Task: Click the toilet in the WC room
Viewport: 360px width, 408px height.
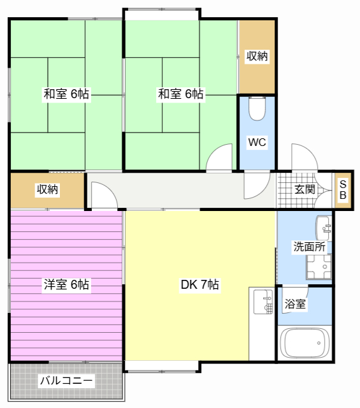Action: (257, 109)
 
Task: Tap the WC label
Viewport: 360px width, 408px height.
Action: (257, 142)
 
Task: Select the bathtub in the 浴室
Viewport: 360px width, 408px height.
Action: (305, 344)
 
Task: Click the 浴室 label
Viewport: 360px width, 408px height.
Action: (295, 304)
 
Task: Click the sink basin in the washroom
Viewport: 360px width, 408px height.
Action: (323, 226)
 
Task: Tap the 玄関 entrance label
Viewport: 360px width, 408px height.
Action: (305, 189)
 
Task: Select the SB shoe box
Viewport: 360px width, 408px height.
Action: (342, 189)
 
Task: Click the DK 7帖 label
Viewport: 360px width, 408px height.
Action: (199, 285)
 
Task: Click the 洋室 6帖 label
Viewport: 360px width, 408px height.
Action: (66, 285)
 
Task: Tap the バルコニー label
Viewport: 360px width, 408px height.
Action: (66, 381)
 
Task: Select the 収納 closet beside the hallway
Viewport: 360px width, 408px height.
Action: (47, 189)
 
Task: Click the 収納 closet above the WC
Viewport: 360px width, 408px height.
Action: (257, 57)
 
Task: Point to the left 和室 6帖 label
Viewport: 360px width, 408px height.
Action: (66, 94)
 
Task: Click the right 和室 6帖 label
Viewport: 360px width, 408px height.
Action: (181, 94)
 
